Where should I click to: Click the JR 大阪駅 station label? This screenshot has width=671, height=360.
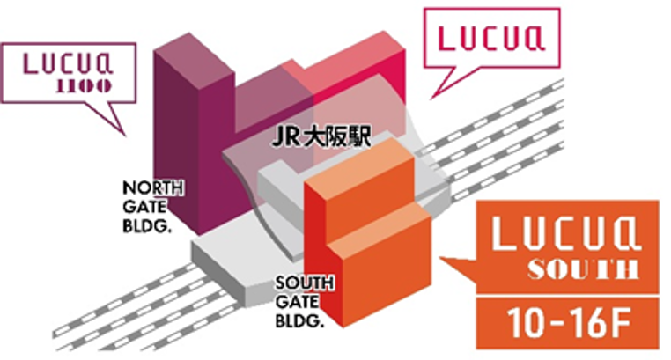point(320,139)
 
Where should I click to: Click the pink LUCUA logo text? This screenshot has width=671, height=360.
point(491,38)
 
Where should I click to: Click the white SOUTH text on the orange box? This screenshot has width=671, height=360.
point(566,269)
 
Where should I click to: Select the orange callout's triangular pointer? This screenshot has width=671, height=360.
point(458,264)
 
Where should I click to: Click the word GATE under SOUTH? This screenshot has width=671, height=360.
point(293,300)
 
